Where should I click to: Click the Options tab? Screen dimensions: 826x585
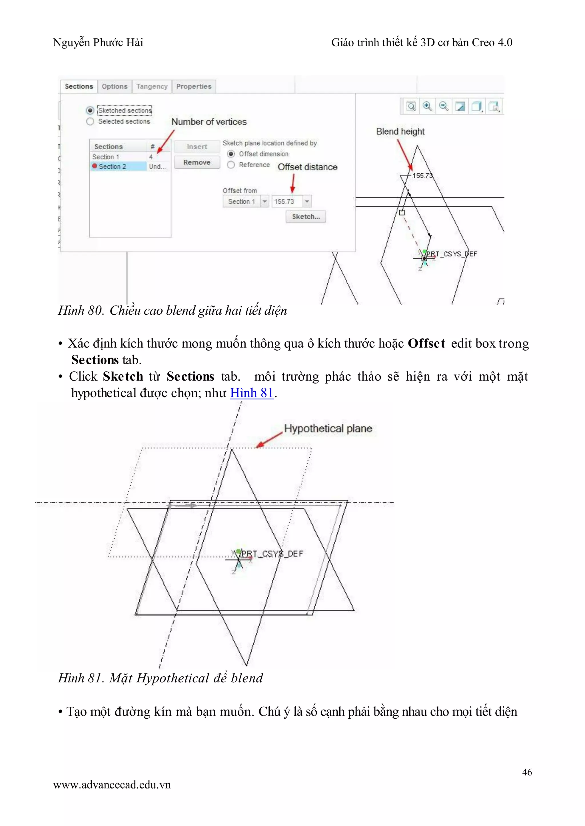[115, 87]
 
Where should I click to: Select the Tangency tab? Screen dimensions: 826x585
[152, 87]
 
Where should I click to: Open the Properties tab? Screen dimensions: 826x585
[194, 87]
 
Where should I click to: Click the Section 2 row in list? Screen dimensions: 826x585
[112, 166]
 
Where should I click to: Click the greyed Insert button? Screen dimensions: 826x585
[197, 146]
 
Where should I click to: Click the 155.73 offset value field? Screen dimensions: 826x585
[287, 202]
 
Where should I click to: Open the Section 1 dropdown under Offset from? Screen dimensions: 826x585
[265, 202]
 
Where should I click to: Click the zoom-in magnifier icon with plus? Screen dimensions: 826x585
[427, 106]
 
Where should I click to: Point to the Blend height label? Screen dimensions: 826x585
[400, 131]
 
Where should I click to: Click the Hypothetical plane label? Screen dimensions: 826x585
[328, 429]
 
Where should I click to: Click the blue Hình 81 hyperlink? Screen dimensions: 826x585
[252, 393]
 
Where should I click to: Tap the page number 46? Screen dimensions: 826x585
[527, 772]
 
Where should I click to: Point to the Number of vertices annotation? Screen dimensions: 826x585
[209, 122]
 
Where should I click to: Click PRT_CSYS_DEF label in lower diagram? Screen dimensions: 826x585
[272, 554]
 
